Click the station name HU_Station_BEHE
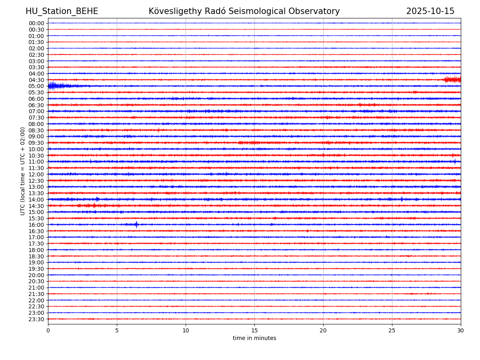coord(62,12)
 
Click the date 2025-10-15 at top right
coord(430,12)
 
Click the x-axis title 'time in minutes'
coord(254,338)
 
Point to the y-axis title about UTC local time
coord(23,171)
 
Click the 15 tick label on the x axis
coord(254,331)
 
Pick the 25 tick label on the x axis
coord(392,331)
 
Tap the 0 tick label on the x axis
coord(48,331)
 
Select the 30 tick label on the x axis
coord(461,331)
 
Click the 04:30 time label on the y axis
coord(36,80)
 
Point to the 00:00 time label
coord(36,23)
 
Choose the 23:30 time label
coord(36,319)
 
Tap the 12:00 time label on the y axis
coord(36,174)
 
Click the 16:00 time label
coord(36,225)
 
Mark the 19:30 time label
coord(36,269)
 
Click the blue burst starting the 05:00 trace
coord(56,86)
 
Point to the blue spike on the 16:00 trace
coord(136,224)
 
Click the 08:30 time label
coord(36,130)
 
